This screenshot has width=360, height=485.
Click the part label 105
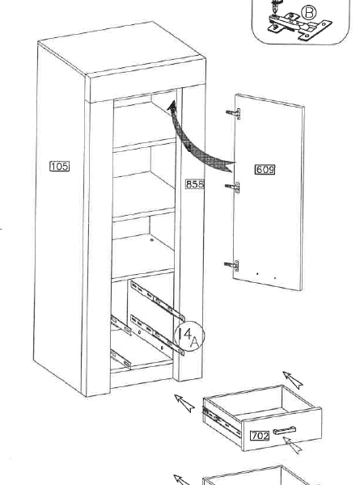coord(60,166)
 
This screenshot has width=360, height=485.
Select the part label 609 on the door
coord(265,170)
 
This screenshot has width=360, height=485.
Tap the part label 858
coord(195,184)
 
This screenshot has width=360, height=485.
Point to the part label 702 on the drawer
coord(260,436)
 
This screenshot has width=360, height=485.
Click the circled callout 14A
coord(189,336)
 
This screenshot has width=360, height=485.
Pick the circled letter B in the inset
coord(308,13)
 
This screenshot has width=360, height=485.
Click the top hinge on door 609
coord(233,113)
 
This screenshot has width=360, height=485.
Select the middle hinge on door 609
coord(232,188)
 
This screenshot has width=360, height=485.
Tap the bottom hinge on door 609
coord(231,265)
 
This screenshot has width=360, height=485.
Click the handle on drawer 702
coord(284,430)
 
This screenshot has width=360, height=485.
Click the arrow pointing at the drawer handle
coord(292,445)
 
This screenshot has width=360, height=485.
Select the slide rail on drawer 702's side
coord(222,423)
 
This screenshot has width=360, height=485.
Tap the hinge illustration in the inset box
coord(299,27)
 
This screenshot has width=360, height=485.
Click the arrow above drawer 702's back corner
coord(293,380)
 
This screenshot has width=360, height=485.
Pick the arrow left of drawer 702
coord(184,403)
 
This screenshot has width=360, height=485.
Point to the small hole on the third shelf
coord(151,240)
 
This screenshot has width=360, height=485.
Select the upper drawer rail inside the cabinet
coord(157,301)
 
